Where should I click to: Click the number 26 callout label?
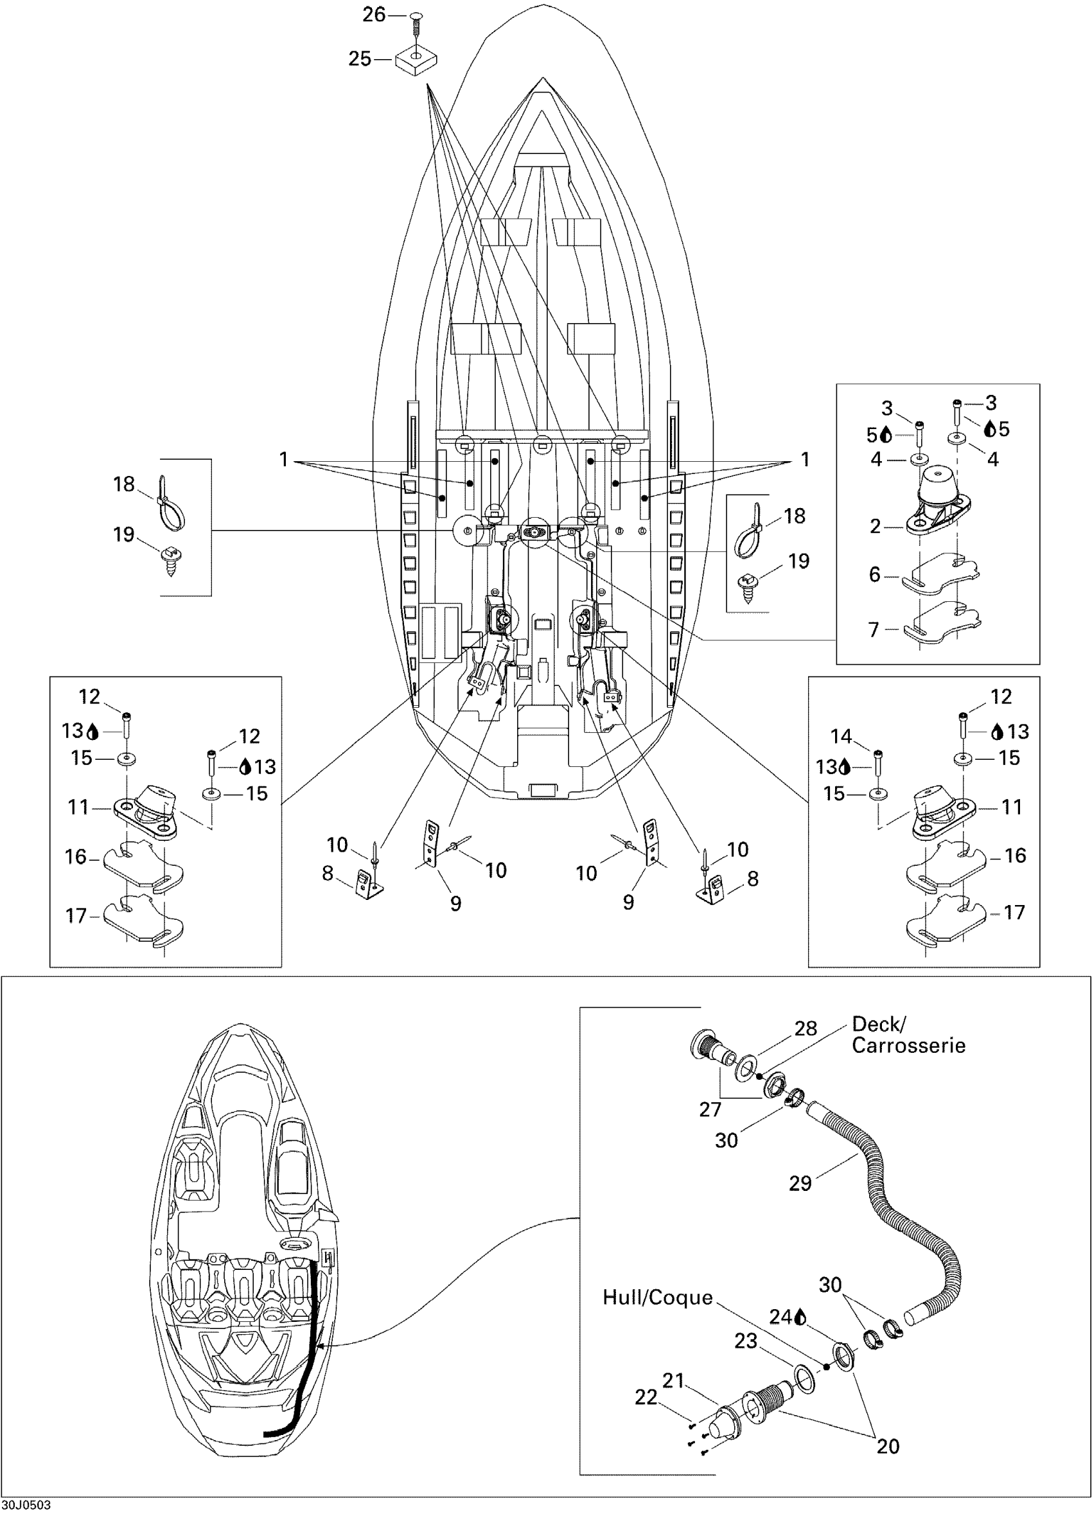pyautogui.click(x=374, y=14)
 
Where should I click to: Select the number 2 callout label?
pyautogui.click(x=875, y=527)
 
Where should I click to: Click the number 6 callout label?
pyautogui.click(x=874, y=574)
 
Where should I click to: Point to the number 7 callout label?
pyautogui.click(x=874, y=629)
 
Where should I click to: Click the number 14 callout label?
pyautogui.click(x=841, y=736)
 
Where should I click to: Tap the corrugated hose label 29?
pyautogui.click(x=800, y=1183)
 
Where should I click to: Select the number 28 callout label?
pyautogui.click(x=806, y=1028)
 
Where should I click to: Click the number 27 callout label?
pyautogui.click(x=710, y=1109)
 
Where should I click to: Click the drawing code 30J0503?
pyautogui.click(x=25, y=1505)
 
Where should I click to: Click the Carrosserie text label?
pyautogui.click(x=908, y=1045)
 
